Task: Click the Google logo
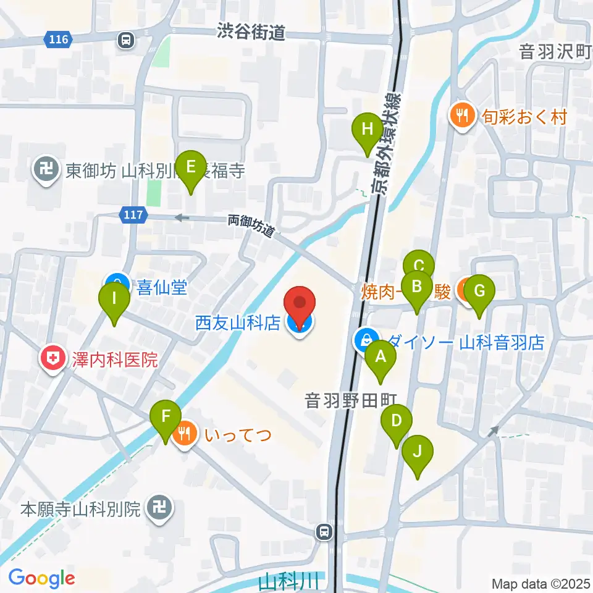click(42, 579)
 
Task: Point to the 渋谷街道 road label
click(251, 32)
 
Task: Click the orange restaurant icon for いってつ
click(183, 434)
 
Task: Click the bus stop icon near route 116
click(126, 41)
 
